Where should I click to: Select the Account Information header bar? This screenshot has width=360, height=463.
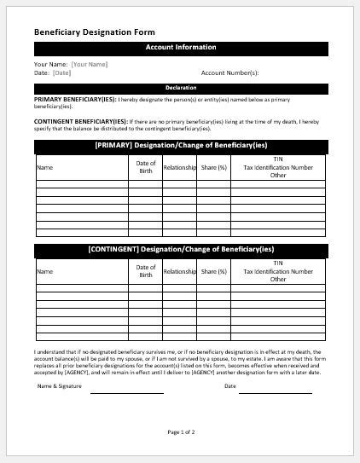[x=180, y=48]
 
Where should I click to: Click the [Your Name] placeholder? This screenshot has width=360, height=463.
[x=89, y=64]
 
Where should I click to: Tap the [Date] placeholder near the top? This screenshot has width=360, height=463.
[x=61, y=72]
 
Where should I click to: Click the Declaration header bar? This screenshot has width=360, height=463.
[x=180, y=88]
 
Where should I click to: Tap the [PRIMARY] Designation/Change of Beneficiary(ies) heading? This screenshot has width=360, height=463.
[x=180, y=146]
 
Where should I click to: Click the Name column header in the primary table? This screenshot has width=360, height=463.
[x=44, y=167]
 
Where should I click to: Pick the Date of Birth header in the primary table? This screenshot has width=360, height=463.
[x=146, y=167]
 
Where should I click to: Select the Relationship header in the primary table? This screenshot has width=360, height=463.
[x=180, y=167]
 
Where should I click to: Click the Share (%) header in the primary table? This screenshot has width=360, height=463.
[x=214, y=167]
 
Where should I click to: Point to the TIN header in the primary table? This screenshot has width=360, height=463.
[x=278, y=159]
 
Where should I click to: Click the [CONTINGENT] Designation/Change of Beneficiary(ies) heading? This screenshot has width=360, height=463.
[x=180, y=250]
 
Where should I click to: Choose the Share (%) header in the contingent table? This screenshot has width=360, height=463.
[x=214, y=271]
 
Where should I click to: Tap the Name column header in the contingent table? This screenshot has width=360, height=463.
[x=44, y=271]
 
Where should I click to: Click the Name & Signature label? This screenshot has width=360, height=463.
[x=60, y=386]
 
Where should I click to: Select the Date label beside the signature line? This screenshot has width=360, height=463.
[x=229, y=386]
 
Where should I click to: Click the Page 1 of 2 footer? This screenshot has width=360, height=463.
[x=181, y=432]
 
